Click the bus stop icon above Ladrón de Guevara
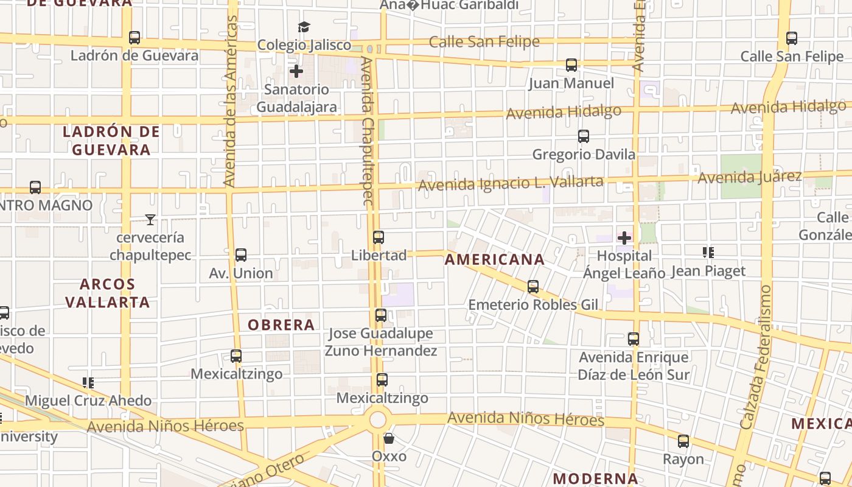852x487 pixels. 134,38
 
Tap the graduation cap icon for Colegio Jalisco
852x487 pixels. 304,27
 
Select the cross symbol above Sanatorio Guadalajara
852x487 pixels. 296,71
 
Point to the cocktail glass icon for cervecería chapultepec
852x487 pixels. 150,219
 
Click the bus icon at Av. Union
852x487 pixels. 241,255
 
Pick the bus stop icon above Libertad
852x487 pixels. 379,237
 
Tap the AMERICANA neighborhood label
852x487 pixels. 494,260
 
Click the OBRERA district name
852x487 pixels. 281,325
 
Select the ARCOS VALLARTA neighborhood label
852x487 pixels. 108,293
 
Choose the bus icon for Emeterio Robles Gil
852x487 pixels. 533,287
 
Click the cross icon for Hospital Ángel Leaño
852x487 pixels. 624,237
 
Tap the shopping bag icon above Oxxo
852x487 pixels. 389,438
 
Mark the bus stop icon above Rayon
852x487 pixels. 683,441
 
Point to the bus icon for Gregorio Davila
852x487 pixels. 584,136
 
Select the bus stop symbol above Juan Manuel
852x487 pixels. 571,65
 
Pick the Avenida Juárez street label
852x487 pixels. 749,178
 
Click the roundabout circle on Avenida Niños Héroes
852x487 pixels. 378,419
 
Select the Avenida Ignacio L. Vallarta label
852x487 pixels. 511,183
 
